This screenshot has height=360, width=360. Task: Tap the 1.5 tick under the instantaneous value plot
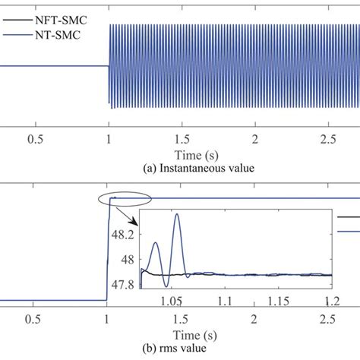182,140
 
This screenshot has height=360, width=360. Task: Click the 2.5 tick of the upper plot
329,140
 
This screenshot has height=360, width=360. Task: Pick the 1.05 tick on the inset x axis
183,302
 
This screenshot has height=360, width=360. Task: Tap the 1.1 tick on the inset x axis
227,302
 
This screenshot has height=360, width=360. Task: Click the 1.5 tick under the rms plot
182,320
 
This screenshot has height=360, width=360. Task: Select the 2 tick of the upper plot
256,140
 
